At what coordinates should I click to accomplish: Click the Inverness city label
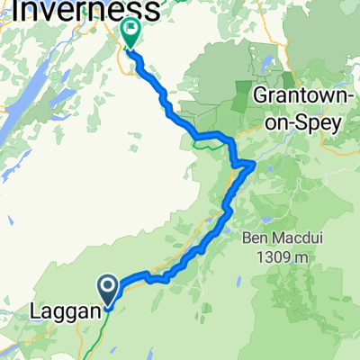pos(85,11)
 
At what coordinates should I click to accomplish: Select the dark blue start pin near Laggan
pos(108,290)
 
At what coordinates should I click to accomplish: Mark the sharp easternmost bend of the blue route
pos(254,163)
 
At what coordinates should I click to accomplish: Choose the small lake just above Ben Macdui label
pos(266,219)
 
